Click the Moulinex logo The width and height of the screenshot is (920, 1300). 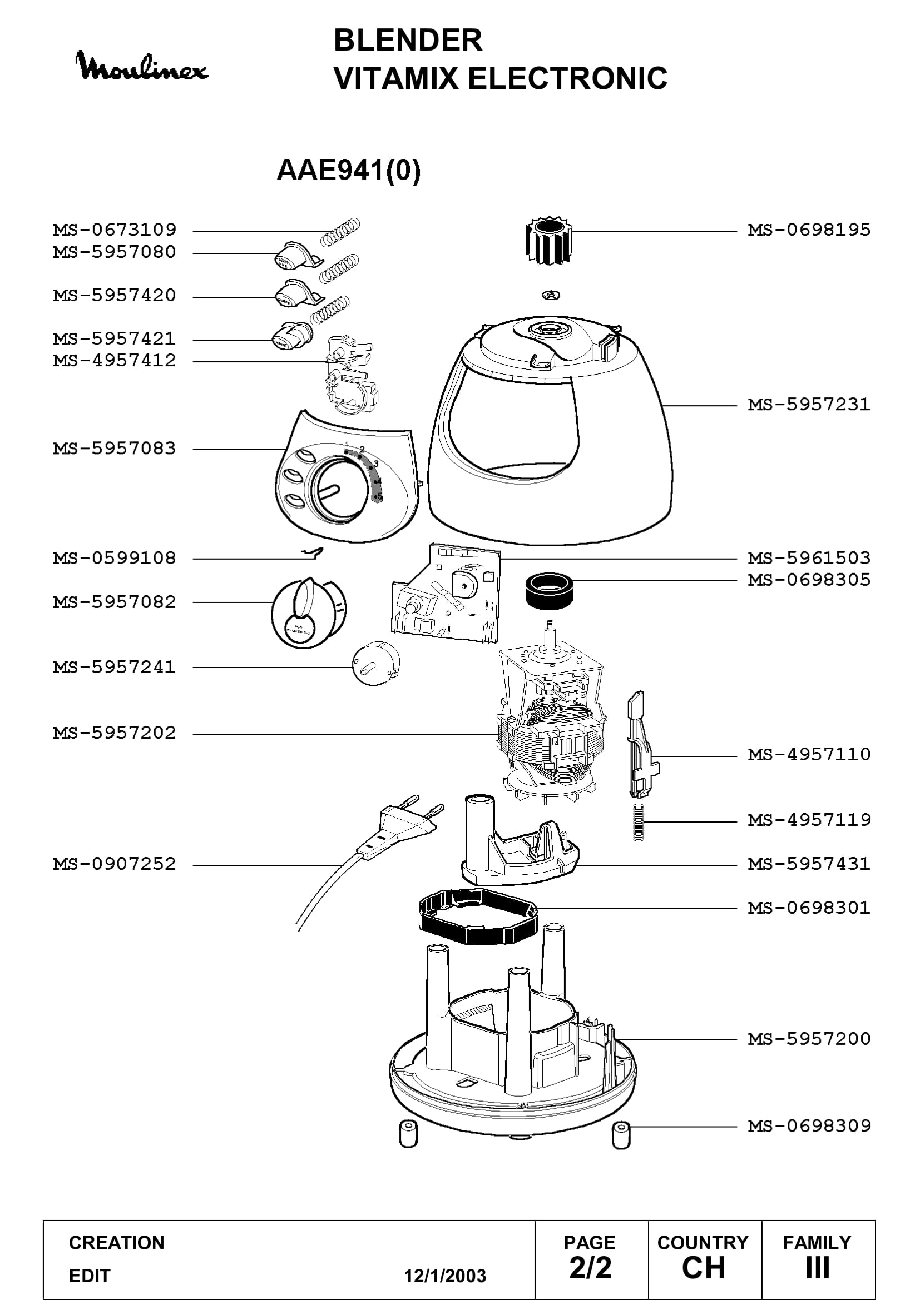coord(142,66)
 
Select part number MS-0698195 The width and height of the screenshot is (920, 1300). coord(809,230)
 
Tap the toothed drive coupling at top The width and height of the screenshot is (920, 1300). coord(548,240)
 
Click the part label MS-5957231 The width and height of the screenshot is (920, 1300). coord(809,404)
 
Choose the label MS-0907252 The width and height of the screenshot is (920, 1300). coord(115,864)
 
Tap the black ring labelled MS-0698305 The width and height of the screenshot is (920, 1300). coord(549,591)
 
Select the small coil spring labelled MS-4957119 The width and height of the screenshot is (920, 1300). coord(639,823)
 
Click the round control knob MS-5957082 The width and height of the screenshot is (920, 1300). coord(309,612)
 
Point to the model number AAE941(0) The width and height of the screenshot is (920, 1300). coord(348,170)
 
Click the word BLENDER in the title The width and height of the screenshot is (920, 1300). coord(408,40)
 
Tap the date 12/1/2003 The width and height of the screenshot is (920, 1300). coord(445,1276)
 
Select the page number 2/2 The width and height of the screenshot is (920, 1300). coord(590,1267)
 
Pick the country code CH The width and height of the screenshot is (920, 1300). coord(704,1267)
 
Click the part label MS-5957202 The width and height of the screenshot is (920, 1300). coord(115,733)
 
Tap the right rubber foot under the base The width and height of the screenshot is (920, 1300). coord(621,1135)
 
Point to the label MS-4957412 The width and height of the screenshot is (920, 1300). coord(115,360)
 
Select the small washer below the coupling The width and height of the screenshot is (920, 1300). coord(550,295)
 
